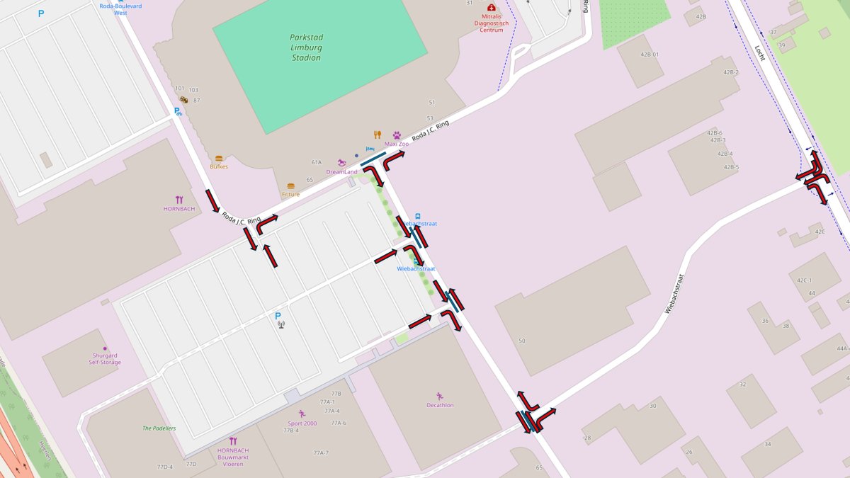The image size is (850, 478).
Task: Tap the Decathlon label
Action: click(x=440, y=405)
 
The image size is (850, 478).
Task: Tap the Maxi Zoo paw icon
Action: click(x=397, y=135)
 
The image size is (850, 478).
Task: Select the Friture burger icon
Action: click(x=290, y=186)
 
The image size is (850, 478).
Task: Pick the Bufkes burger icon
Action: click(x=219, y=159)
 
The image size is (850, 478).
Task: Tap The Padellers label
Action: click(x=159, y=428)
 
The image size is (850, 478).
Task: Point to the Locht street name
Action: click(x=760, y=53)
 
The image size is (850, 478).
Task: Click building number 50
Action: click(x=522, y=341)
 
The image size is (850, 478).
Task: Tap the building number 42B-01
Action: click(x=650, y=55)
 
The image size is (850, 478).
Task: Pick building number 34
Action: click(x=767, y=444)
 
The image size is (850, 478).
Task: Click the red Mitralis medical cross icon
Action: click(x=492, y=7)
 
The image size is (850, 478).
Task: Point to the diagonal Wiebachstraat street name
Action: click(x=677, y=294)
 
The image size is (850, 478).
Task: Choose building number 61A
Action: click(x=317, y=162)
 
